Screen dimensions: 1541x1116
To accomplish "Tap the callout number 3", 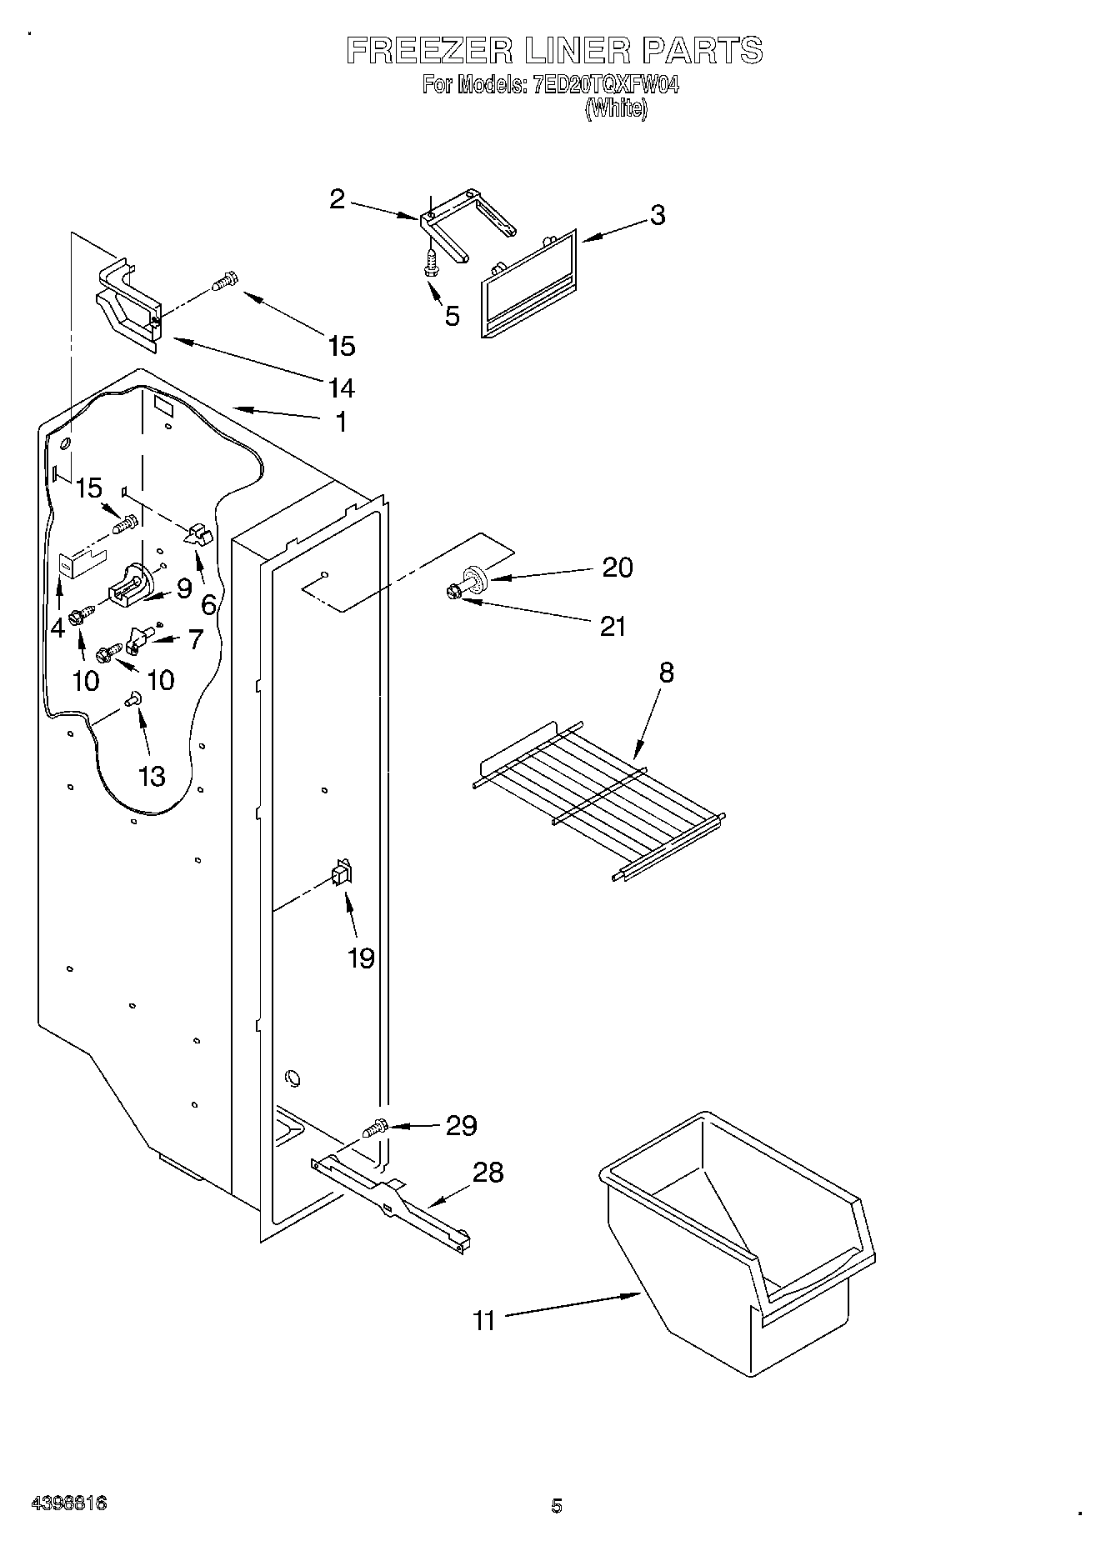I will click(658, 215).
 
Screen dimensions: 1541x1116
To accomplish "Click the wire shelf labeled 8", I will click(597, 798).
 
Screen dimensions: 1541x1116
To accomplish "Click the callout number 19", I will click(361, 958).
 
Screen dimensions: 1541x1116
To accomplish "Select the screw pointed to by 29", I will click(375, 1128).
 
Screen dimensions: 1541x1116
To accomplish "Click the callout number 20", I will click(618, 568).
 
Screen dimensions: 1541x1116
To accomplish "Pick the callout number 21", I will click(613, 626).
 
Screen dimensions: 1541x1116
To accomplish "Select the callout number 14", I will click(342, 388).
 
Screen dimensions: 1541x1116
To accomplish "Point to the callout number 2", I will click(337, 199).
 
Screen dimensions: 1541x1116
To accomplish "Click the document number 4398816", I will click(68, 1504).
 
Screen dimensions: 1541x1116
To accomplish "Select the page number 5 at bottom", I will click(556, 1505).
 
